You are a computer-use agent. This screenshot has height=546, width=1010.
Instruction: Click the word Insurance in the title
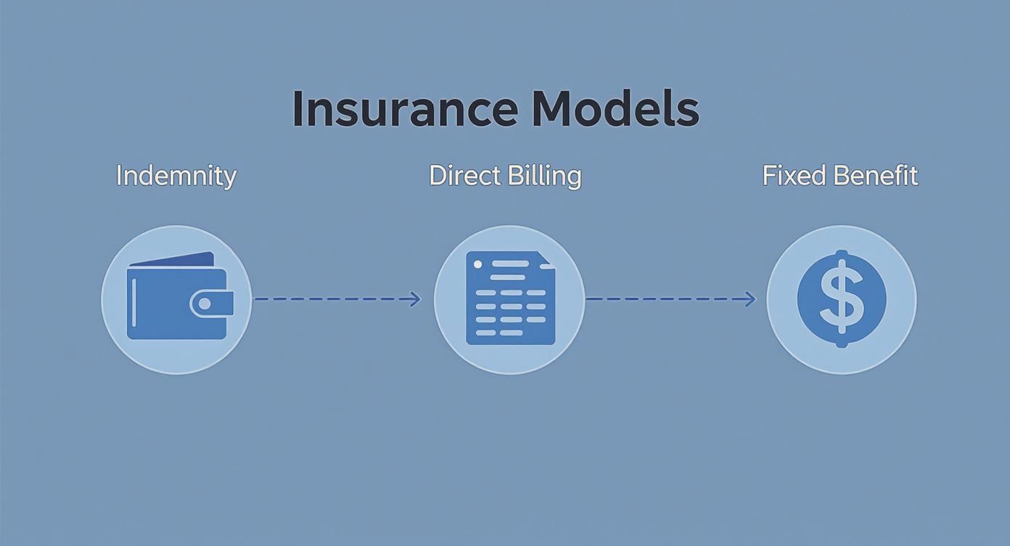pos(405,110)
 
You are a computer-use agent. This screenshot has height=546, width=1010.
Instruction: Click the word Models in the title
pos(615,110)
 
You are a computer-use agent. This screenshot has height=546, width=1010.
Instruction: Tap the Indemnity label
pos(176,176)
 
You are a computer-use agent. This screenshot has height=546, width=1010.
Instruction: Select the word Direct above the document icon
pos(467,176)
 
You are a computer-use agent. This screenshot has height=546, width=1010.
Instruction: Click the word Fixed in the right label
pos(793,176)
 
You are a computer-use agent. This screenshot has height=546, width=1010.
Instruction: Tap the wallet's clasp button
pos(205,303)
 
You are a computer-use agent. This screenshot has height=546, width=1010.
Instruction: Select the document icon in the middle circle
pos(509,298)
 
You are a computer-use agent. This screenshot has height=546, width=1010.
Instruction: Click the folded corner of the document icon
pos(548,260)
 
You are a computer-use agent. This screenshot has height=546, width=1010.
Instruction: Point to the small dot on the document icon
pos(477,265)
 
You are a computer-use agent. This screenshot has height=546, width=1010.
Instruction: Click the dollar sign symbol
pos(842,298)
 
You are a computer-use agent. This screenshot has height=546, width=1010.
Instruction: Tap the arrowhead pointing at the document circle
pos(416,299)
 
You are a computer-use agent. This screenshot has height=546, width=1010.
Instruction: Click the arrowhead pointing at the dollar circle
pos(750,299)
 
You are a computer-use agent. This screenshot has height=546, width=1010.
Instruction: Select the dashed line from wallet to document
pos(334,299)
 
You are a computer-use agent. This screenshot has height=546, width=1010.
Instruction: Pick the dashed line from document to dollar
pos(668,299)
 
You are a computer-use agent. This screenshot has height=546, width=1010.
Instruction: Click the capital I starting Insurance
pos(297,110)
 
